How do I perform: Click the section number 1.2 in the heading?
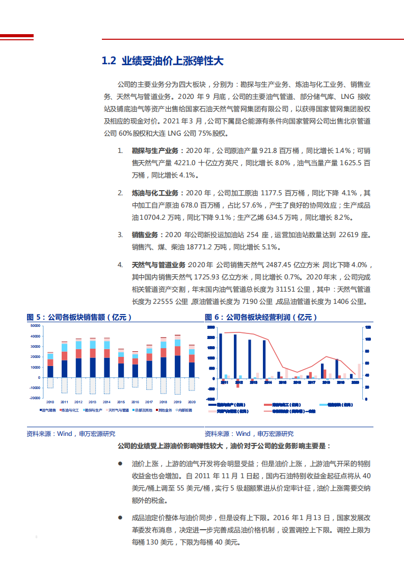pyautogui.click(x=110, y=61)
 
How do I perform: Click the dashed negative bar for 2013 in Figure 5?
pyautogui.click(x=93, y=385)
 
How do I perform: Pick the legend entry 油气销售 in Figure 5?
pyautogui.click(x=48, y=410)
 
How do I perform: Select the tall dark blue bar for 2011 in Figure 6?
pyautogui.click(x=221, y=356)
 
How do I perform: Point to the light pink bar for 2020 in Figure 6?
pyautogui.click(x=359, y=371)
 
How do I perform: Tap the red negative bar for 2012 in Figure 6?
pyautogui.click(x=238, y=383)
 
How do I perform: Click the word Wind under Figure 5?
pyautogui.click(x=64, y=434)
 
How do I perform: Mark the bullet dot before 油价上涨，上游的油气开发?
pyautogui.click(x=120, y=464)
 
